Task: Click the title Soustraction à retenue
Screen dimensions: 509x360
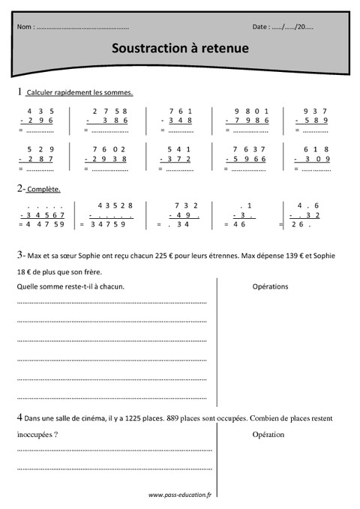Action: point(180,48)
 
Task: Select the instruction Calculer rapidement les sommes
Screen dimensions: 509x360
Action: point(79,93)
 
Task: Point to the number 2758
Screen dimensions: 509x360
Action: point(110,111)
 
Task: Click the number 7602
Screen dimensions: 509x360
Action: point(110,148)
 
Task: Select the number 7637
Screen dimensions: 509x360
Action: point(247,148)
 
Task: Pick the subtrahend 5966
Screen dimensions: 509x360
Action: point(247,159)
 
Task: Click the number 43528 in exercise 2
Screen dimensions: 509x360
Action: point(115,205)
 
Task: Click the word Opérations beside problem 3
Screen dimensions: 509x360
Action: point(270,286)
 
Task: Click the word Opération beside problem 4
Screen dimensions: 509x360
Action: point(268,434)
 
